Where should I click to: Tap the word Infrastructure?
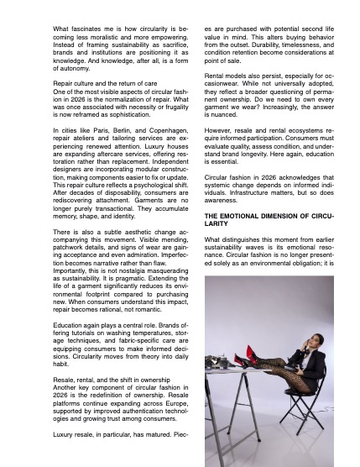(x=238, y=192)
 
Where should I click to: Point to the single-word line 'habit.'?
(x=61, y=364)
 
